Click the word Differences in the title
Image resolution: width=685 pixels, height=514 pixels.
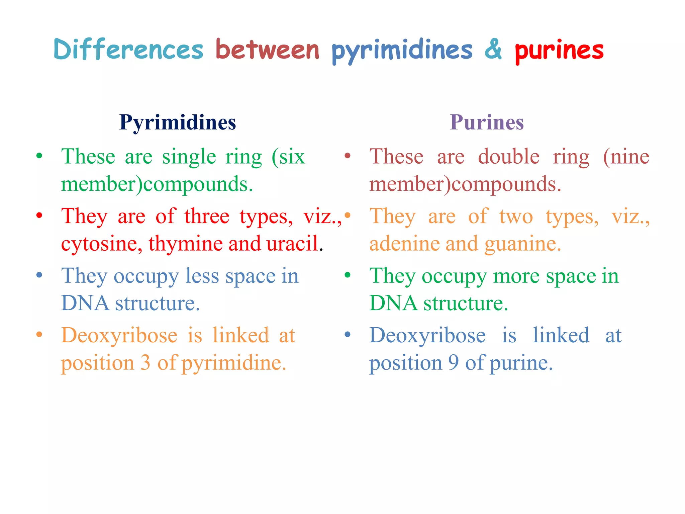128,50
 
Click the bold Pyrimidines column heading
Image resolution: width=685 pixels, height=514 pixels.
178,122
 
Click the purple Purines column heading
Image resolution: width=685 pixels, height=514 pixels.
487,122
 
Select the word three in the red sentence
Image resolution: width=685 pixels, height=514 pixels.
207,216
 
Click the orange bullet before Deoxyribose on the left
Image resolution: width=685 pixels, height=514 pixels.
39,334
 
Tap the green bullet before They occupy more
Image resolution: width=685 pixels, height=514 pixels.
348,275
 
